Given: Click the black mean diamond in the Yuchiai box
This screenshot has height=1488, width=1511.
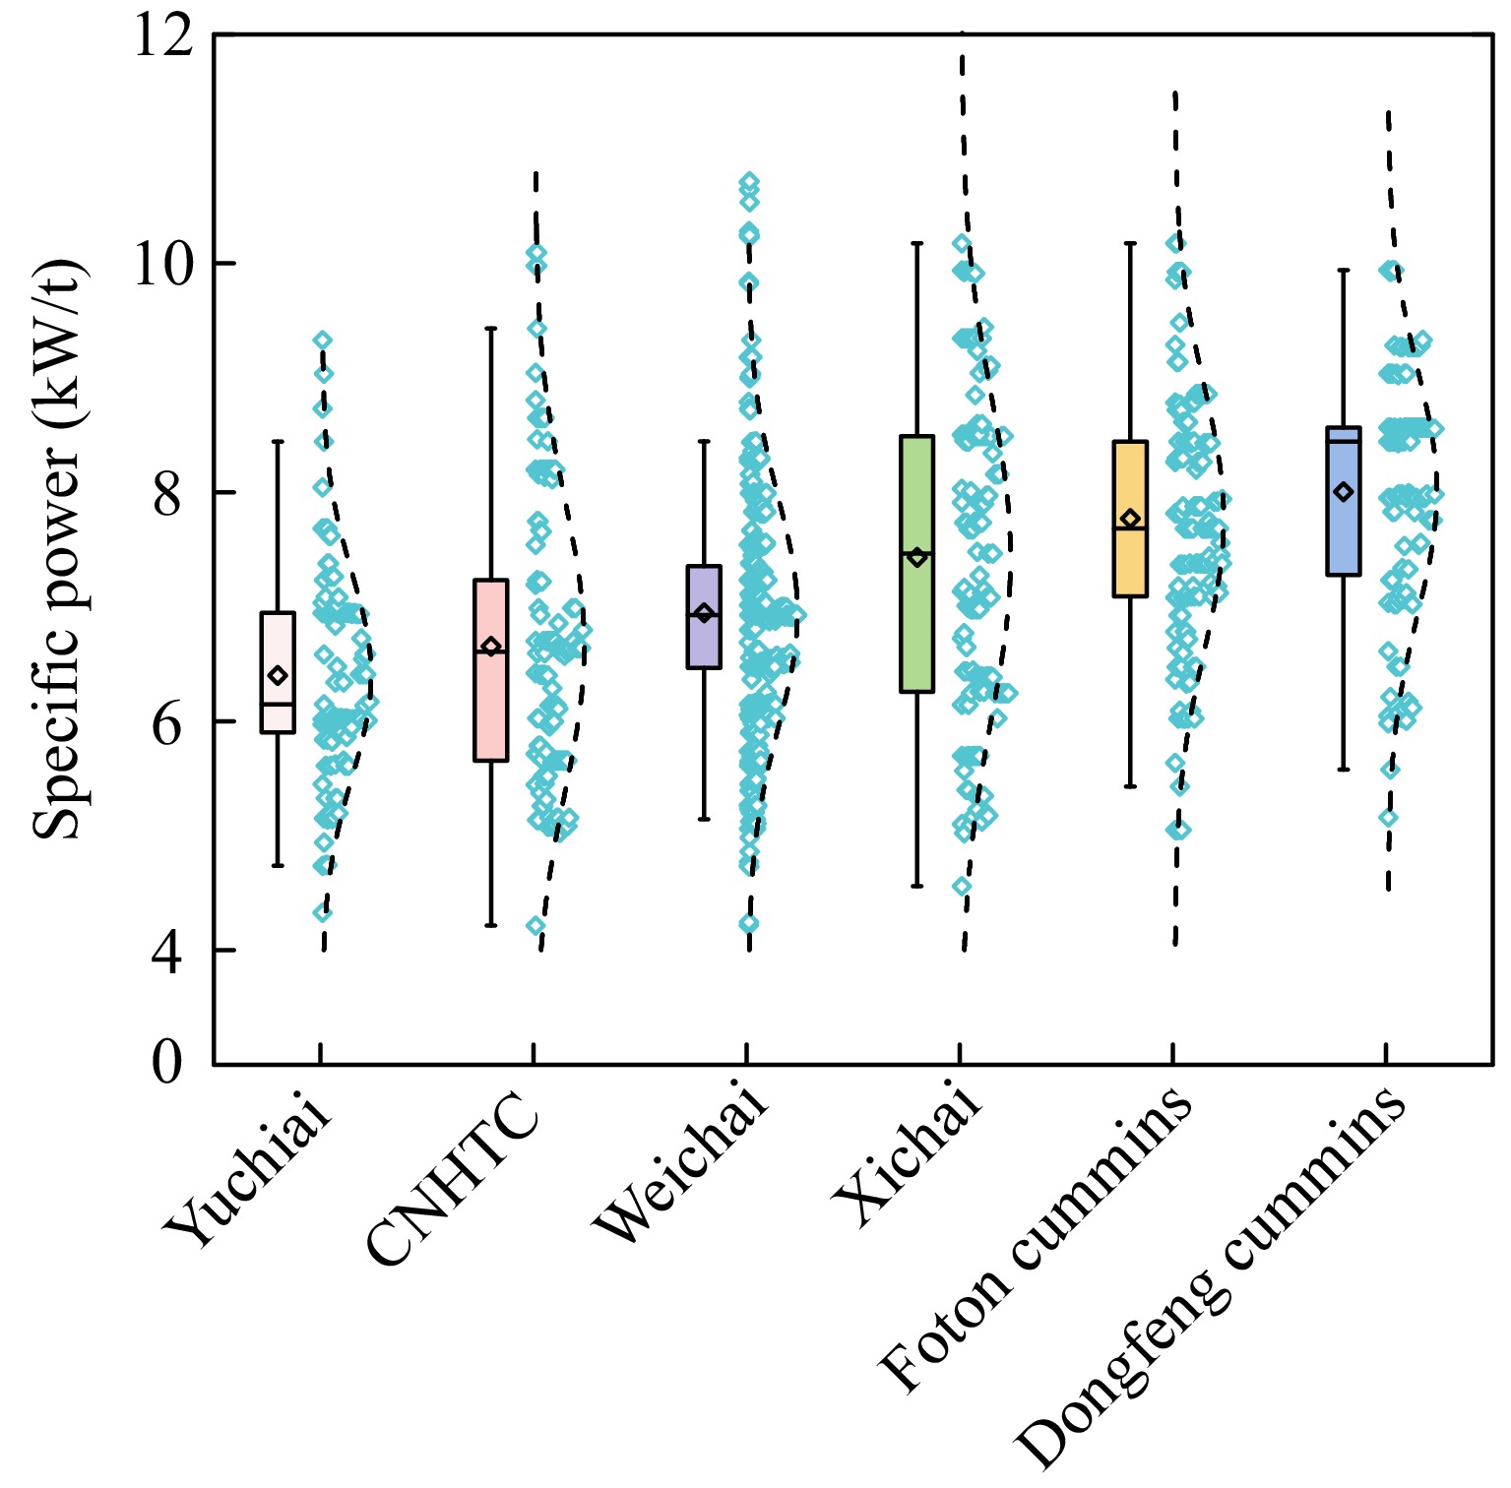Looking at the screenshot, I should pyautogui.click(x=278, y=675).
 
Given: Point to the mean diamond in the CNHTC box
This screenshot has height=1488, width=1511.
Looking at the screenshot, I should pyautogui.click(x=490, y=647).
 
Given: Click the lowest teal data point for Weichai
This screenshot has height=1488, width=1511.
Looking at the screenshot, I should pyautogui.click(x=749, y=923).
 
